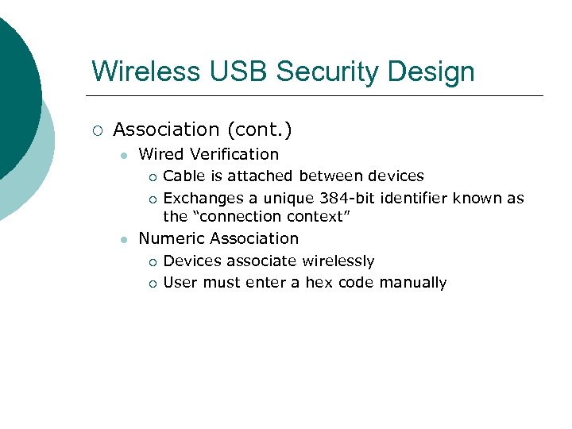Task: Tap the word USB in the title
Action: click(225, 71)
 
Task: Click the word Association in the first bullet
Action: click(166, 129)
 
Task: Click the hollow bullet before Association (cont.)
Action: click(96, 129)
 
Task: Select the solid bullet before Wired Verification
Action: click(122, 155)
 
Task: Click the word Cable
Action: click(183, 176)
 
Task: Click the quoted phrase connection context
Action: click(270, 216)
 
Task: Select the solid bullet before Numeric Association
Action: click(122, 239)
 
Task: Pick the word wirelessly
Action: click(335, 261)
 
